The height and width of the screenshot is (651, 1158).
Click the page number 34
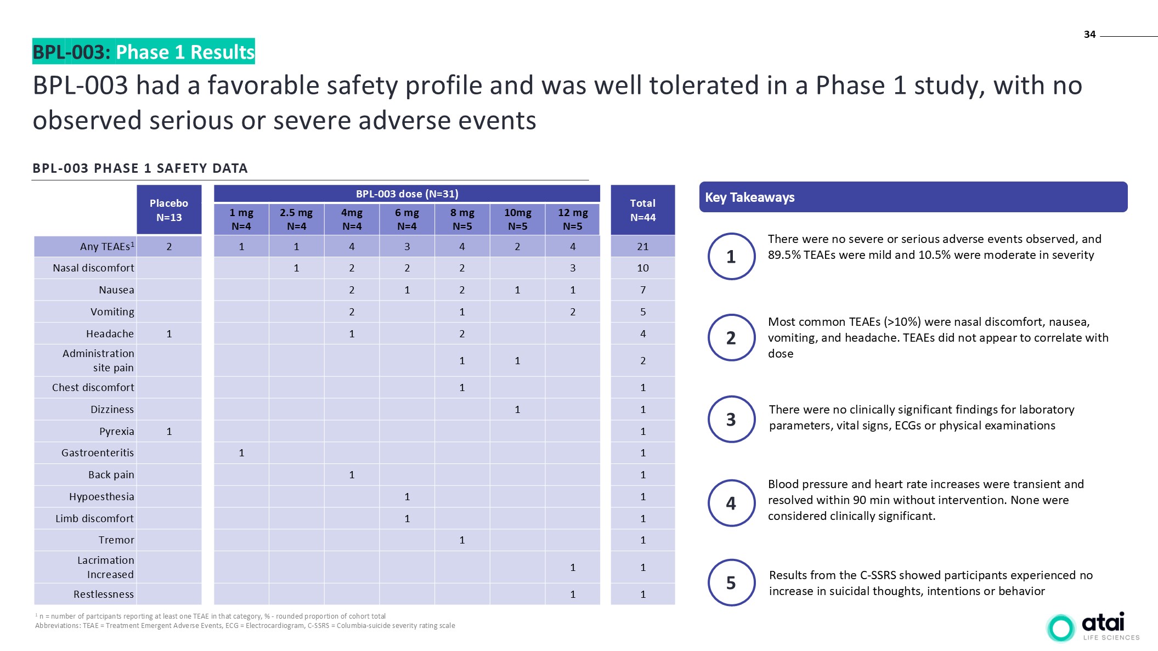(x=1089, y=35)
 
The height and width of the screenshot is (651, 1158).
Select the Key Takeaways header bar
(x=913, y=197)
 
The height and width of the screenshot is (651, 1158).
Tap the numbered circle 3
(x=731, y=420)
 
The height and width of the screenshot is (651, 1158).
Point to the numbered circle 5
(x=731, y=582)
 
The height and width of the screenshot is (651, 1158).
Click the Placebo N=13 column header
(x=169, y=210)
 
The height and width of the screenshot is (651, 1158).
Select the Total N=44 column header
(x=642, y=210)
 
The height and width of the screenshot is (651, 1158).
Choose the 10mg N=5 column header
(x=517, y=219)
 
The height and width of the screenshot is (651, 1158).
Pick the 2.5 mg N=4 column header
(x=296, y=219)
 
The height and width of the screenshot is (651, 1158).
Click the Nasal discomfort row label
(x=93, y=268)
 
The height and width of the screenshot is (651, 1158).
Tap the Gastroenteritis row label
(x=98, y=453)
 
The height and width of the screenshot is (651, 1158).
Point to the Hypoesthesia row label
(x=101, y=497)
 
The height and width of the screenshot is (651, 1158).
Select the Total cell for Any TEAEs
(x=642, y=247)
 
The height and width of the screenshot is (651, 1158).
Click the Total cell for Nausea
(x=642, y=290)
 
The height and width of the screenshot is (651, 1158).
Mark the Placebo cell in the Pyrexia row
(x=169, y=432)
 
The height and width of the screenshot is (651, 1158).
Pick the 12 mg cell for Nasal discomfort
(x=573, y=268)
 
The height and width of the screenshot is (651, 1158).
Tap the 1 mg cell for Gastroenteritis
(x=241, y=453)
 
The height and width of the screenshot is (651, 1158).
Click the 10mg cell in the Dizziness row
(x=517, y=410)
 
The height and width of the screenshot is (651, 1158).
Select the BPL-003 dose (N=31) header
(x=406, y=194)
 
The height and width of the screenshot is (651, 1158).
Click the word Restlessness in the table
(x=104, y=595)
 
